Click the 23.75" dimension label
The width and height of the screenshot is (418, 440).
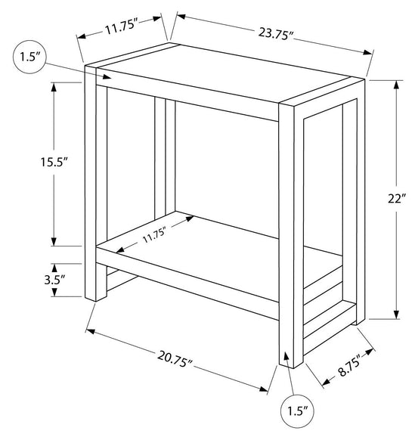point(276,34)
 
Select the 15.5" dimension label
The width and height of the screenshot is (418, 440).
point(54,162)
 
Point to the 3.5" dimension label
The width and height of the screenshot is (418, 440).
point(54,280)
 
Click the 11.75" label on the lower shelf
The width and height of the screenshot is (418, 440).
point(154,235)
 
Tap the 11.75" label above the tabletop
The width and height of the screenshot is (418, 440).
point(122,27)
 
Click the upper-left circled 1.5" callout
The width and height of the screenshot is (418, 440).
point(29,57)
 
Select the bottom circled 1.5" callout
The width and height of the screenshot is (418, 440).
point(297,411)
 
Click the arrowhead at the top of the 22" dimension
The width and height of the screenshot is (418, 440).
point(396,85)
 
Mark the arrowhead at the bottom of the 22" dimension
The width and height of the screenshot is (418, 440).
point(396,315)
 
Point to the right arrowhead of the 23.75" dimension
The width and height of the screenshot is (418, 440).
point(367,52)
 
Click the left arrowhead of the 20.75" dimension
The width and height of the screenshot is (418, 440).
point(90,331)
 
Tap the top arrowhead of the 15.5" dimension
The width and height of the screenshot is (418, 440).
point(54,87)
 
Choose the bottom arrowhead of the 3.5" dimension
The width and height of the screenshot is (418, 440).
point(54,293)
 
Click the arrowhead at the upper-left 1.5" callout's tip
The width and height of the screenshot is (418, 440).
point(108,76)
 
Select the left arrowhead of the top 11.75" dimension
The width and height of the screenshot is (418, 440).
point(82,37)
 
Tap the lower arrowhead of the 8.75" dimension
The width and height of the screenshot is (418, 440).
point(326,382)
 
